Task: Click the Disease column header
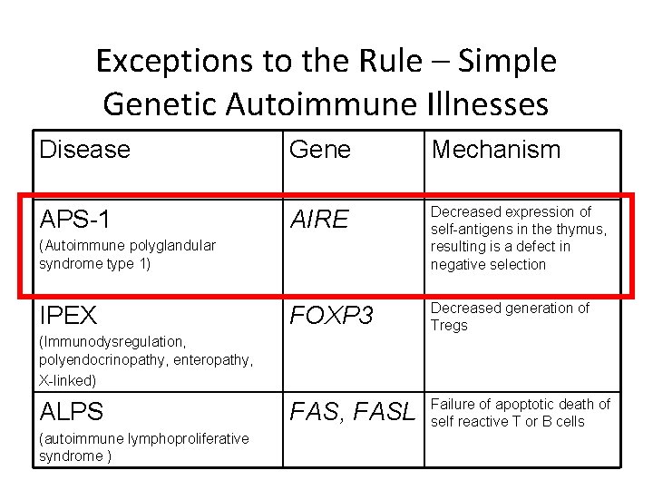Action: click(x=84, y=150)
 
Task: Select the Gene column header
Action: click(x=319, y=150)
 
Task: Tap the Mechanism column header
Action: click(x=495, y=150)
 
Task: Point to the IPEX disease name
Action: click(x=68, y=316)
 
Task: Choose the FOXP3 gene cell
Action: click(x=331, y=316)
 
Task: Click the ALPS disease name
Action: click(x=72, y=412)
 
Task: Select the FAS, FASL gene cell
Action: click(x=353, y=412)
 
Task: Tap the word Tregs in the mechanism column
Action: click(x=450, y=326)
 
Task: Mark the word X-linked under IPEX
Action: click(x=68, y=379)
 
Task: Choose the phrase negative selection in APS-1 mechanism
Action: click(x=488, y=264)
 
